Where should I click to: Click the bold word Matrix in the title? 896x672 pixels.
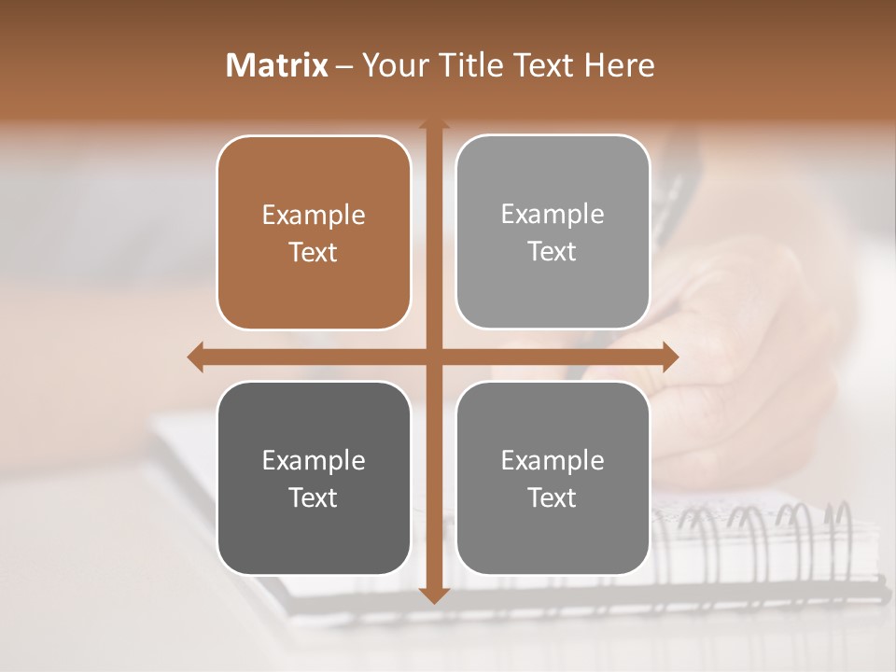click(277, 65)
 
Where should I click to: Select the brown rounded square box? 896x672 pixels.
click(314, 232)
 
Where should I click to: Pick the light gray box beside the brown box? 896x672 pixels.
click(553, 231)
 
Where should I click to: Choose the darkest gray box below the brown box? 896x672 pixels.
click(314, 478)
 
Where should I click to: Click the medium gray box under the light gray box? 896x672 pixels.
click(553, 478)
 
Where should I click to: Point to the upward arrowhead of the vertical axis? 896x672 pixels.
click(434, 125)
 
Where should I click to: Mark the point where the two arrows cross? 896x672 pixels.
click(434, 357)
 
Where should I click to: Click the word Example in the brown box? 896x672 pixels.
click(314, 216)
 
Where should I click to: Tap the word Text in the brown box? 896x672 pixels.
click(314, 252)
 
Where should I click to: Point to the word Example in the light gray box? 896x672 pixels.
click(553, 215)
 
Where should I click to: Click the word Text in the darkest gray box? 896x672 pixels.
click(314, 497)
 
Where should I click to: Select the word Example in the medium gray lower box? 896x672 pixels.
click(553, 460)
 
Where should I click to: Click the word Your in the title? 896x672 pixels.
click(389, 65)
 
